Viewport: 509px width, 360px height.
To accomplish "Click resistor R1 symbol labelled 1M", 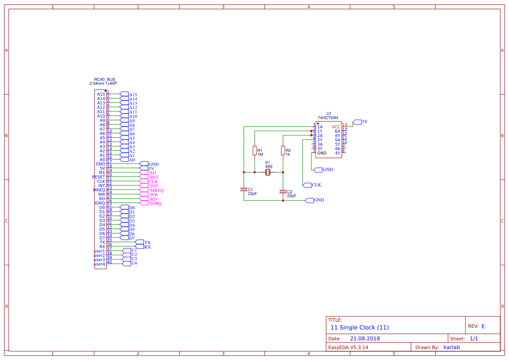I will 254,151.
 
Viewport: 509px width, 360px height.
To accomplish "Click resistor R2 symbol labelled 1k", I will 283,151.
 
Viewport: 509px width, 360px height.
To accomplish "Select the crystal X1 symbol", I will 268,172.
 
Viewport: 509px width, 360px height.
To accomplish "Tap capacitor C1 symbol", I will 243,189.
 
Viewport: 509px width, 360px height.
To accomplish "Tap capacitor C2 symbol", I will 283,192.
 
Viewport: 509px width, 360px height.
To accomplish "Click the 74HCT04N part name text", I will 328,118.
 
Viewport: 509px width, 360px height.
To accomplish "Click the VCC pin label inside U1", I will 336,127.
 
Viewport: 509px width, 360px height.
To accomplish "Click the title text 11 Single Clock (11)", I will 359,327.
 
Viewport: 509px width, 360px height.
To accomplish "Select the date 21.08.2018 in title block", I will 365,338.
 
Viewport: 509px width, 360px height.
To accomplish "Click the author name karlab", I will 451,347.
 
